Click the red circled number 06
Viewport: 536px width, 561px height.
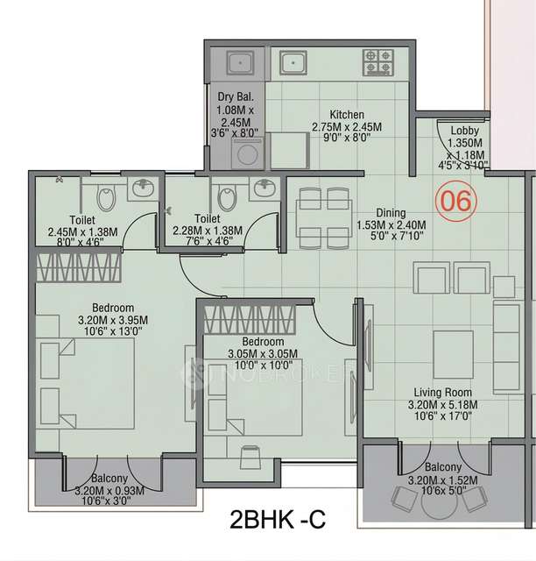pos(456,200)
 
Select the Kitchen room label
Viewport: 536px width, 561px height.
pos(347,114)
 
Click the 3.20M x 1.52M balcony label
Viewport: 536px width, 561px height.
pos(437,479)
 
